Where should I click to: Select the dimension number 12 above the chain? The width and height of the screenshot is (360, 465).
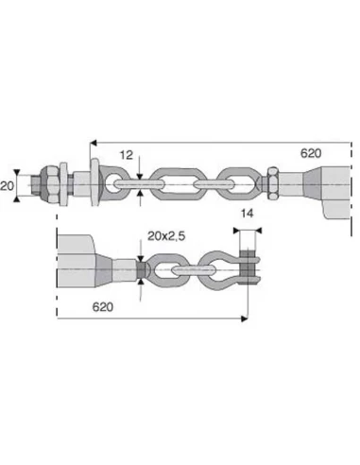(x=126, y=154)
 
